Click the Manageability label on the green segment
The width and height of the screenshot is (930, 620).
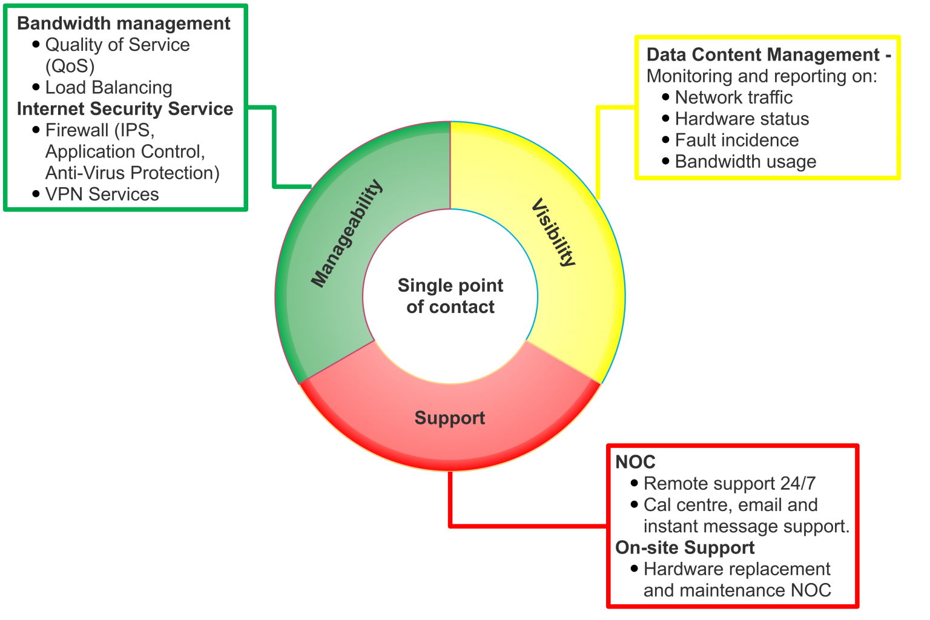tap(347, 233)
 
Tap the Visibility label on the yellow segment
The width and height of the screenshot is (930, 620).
tap(553, 232)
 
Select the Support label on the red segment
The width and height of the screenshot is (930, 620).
tap(450, 418)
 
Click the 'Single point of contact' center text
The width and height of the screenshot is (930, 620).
tap(450, 296)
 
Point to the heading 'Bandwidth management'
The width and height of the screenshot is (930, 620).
tap(124, 24)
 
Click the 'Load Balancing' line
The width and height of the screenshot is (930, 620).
tap(109, 87)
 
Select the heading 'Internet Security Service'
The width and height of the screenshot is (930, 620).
tap(125, 109)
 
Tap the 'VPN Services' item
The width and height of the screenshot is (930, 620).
tap(102, 194)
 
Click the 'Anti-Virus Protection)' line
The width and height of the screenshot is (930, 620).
tap(133, 173)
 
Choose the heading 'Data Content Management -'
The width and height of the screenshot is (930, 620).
tap(768, 55)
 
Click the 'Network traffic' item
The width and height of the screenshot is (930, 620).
tap(734, 97)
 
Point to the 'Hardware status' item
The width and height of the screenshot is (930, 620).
tap(742, 119)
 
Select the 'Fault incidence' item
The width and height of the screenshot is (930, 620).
tap(737, 140)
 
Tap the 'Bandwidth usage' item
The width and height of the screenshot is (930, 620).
tap(745, 162)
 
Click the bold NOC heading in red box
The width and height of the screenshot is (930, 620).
tap(635, 463)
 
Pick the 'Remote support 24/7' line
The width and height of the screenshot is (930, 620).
tap(730, 484)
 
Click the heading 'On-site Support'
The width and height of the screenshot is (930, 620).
tap(685, 548)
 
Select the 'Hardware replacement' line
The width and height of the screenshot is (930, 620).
tap(737, 569)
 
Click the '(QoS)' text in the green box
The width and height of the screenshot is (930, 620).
tap(70, 66)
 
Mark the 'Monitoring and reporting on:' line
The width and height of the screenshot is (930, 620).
tap(762, 76)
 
